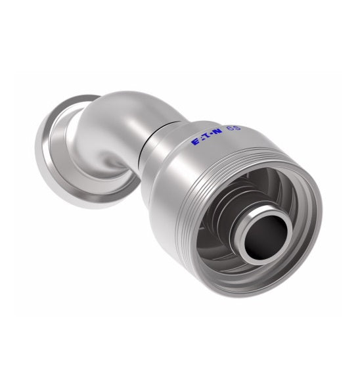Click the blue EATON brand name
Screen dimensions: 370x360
207,137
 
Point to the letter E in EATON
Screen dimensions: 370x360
194,141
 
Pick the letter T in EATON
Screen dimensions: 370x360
208,137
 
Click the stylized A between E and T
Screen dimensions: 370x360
201,139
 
